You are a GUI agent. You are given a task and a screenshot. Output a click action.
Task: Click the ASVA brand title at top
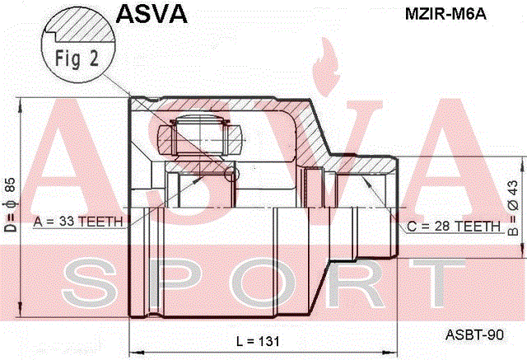[x=152, y=13]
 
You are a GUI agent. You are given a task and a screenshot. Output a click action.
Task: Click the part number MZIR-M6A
[x=445, y=14]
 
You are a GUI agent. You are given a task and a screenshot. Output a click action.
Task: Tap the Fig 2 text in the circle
[x=77, y=58]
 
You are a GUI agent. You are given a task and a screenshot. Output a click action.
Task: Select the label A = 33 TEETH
[x=78, y=222]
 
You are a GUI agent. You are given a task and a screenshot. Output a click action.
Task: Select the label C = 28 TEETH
[x=454, y=227]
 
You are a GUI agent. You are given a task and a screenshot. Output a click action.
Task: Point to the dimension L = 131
[x=258, y=341]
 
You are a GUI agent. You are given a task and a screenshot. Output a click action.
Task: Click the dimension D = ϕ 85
[x=10, y=205]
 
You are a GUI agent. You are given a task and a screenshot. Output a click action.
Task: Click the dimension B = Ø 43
[x=513, y=208]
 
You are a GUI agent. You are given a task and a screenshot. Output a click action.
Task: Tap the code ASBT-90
[x=474, y=334]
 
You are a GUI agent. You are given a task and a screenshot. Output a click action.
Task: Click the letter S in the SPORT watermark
[x=91, y=285]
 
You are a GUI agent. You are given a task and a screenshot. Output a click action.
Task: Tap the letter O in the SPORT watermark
[x=266, y=285]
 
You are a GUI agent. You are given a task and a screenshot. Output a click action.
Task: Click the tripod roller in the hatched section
[x=200, y=136]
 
